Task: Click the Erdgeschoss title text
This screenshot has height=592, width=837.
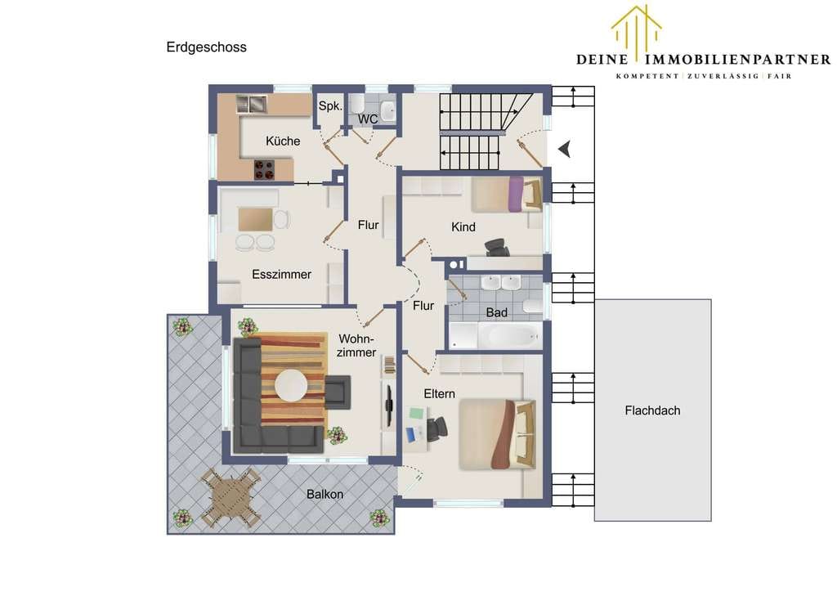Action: tap(206, 47)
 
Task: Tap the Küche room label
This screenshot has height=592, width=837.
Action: tap(283, 141)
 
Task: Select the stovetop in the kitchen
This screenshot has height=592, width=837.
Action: tap(264, 170)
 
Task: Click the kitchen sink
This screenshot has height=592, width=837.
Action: tap(252, 104)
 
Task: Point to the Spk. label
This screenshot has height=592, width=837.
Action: tap(330, 106)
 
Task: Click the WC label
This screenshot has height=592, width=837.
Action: tap(368, 119)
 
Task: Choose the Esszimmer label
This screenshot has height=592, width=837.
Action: tap(281, 275)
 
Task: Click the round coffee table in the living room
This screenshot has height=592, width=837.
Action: tap(291, 386)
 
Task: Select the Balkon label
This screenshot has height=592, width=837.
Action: tap(325, 495)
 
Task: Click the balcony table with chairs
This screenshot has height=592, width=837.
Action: tap(231, 497)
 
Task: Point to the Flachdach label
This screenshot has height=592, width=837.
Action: tap(652, 410)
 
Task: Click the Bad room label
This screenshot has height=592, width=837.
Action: tap(496, 313)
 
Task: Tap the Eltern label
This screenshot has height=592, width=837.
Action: tap(439, 394)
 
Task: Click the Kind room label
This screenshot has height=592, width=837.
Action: tap(463, 226)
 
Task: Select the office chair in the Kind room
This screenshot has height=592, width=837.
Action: tap(497, 247)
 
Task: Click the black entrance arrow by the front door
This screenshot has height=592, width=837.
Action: tap(565, 149)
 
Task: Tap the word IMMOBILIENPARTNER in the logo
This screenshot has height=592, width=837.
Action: tap(738, 59)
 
